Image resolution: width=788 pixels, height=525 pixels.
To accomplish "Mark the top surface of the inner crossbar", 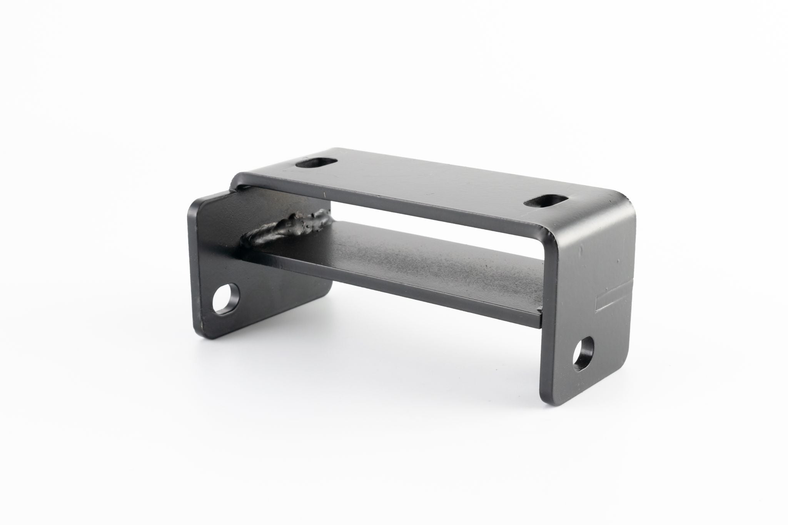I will point(404,262).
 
